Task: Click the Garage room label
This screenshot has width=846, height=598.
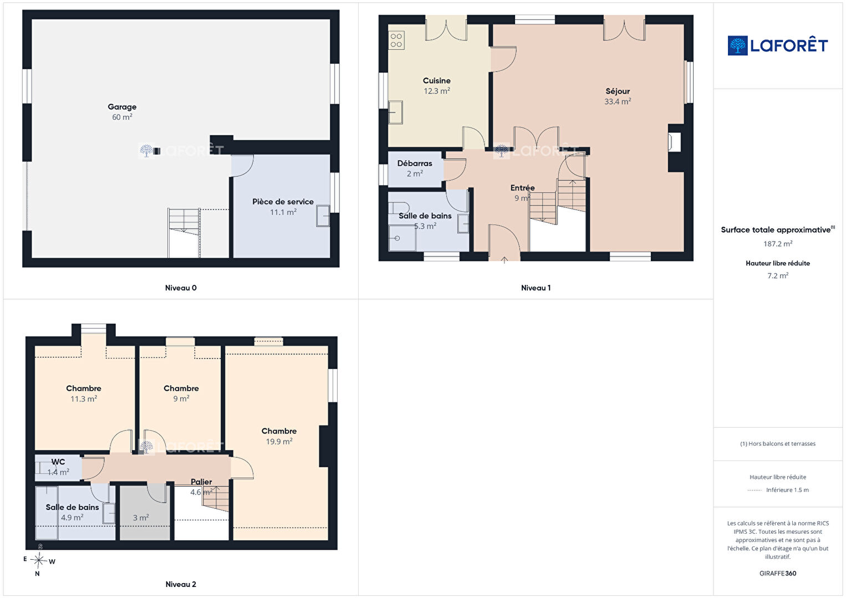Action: point(122,107)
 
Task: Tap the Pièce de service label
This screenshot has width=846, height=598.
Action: point(283,202)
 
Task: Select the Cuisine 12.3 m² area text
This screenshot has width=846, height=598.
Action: point(437,91)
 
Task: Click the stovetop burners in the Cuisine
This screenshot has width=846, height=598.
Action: point(396,40)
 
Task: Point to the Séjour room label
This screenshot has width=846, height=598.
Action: point(618,91)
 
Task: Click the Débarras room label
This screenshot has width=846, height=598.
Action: point(415,163)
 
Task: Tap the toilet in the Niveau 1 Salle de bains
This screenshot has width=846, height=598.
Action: point(399,208)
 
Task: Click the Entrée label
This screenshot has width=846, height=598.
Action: point(522,188)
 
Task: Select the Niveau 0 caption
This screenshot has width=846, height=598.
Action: point(181,288)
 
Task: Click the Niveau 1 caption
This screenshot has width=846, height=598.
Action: point(536,288)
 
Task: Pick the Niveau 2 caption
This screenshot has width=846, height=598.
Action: point(181,584)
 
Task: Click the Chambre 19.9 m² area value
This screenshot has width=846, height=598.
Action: point(279,441)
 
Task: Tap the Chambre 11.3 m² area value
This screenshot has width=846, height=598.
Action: point(84,398)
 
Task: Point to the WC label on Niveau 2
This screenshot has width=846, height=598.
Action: point(58,462)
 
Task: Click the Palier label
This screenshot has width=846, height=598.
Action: point(201,482)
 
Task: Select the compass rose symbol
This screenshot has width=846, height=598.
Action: point(38,561)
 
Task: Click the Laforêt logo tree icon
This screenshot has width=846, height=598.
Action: point(737,45)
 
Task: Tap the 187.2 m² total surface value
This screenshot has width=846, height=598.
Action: point(778,244)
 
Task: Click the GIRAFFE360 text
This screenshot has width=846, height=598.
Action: point(778,573)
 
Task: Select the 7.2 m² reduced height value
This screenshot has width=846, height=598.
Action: point(778,275)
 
